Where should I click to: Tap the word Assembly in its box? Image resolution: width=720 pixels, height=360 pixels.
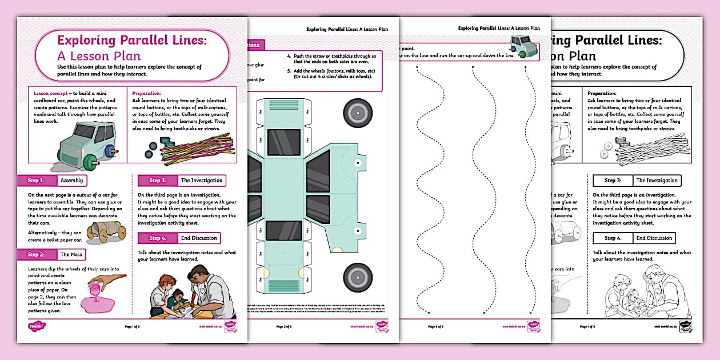[72, 181]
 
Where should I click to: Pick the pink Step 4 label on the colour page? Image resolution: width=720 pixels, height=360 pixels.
[157, 238]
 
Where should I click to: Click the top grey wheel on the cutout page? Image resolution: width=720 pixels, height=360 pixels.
[359, 112]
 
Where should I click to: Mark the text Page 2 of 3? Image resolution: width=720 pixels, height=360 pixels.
[284, 327]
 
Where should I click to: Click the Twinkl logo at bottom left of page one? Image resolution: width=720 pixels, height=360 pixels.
[36, 326]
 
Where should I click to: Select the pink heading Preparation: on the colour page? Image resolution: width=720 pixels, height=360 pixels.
[147, 93]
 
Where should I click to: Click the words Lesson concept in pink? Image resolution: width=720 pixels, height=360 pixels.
[50, 93]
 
